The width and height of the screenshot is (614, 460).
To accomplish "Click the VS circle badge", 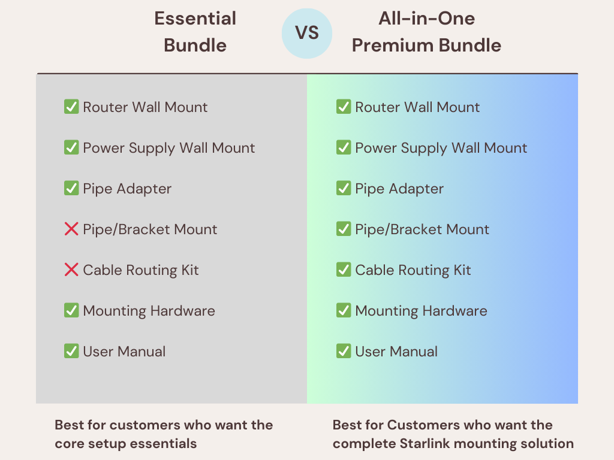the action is click(x=307, y=34).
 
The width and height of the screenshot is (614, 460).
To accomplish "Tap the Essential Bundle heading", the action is click(x=195, y=32).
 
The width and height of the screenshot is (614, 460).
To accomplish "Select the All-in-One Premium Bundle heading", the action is click(x=426, y=32).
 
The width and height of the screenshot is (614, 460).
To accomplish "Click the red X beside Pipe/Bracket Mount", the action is click(x=71, y=229).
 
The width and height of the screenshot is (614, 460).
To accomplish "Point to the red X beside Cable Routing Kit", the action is click(x=71, y=270).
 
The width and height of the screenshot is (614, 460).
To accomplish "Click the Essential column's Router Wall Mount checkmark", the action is click(x=71, y=107).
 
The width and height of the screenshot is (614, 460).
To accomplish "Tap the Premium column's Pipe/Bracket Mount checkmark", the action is click(x=344, y=229).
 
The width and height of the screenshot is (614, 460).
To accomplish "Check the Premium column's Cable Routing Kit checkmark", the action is click(x=344, y=270).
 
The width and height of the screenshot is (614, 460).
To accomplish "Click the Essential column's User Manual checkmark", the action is click(x=71, y=351).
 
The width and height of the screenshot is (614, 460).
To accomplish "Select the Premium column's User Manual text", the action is click(x=396, y=351).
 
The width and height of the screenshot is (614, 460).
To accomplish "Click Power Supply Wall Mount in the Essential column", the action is click(x=168, y=149).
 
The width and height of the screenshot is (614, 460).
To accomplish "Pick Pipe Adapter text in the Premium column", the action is click(x=399, y=189).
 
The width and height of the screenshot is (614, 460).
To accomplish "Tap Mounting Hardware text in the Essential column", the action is click(x=149, y=311).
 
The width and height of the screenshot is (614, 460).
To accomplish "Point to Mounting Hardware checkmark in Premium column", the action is click(x=344, y=311).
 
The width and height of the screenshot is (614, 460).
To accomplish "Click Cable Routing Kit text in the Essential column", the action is click(x=140, y=270).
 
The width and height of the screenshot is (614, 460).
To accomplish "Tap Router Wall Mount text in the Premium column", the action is click(x=417, y=107).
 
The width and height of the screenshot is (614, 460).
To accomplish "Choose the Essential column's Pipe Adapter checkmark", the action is click(x=71, y=189).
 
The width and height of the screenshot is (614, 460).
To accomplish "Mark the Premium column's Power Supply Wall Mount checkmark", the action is click(x=344, y=147).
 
